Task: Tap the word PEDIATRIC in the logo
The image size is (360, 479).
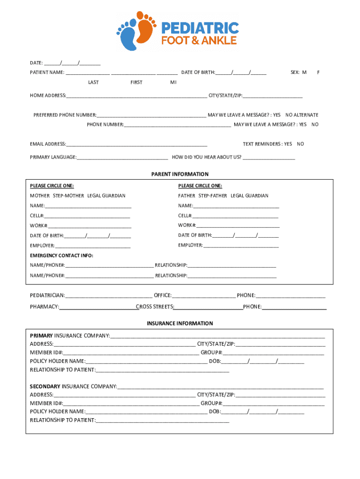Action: tap(200, 28)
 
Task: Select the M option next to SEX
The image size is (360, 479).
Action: tap(304, 73)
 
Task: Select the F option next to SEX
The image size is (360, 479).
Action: tap(318, 73)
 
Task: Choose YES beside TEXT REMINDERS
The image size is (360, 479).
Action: tap(288, 144)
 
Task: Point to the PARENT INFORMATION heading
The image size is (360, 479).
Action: tap(180, 174)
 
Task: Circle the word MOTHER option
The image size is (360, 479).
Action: tap(40, 196)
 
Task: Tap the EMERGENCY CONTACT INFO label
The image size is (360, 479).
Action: tap(62, 255)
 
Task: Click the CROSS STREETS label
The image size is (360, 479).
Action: tap(155, 307)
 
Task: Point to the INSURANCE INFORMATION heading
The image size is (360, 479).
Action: tap(180, 323)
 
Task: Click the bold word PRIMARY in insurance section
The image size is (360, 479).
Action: tap(42, 336)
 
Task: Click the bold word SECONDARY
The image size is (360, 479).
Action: tap(45, 386)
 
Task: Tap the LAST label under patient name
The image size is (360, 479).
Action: tap(94, 82)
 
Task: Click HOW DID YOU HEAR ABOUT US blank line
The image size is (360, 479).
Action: tap(269, 158)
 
